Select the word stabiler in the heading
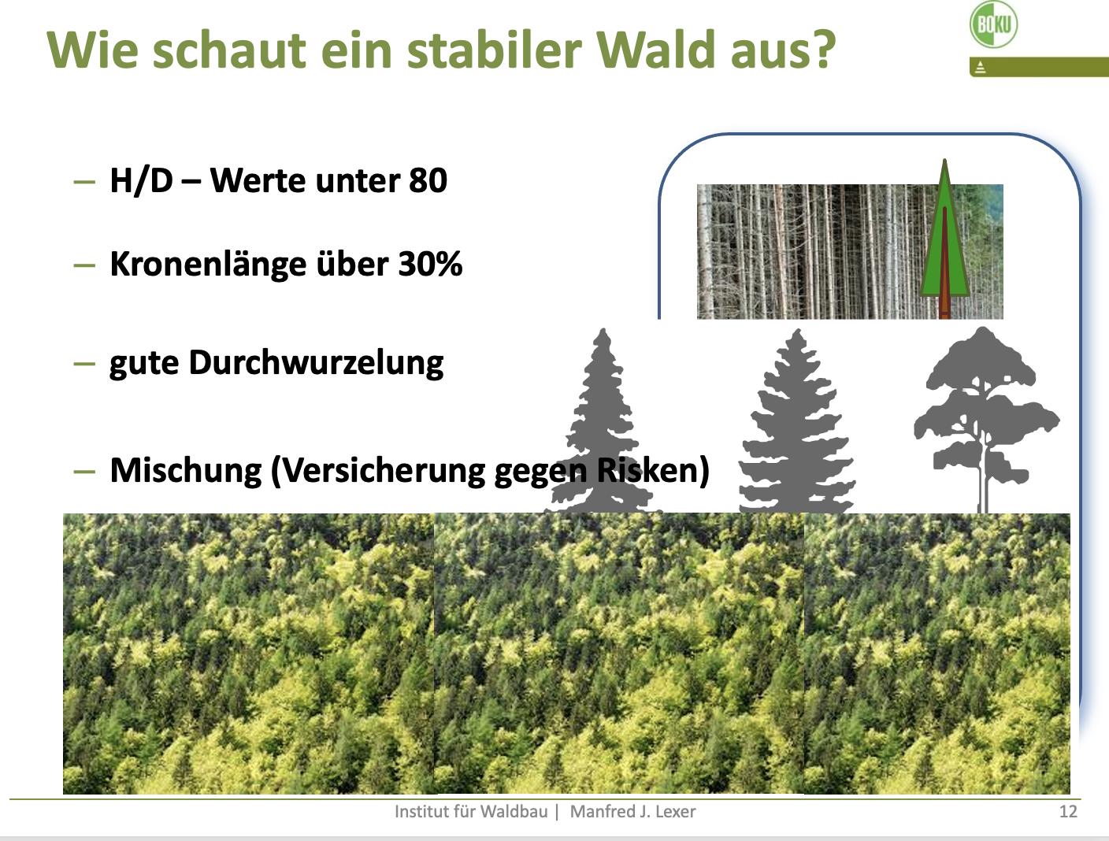pyautogui.click(x=494, y=50)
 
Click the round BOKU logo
pyautogui.click(x=993, y=24)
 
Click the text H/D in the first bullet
pyautogui.click(x=142, y=181)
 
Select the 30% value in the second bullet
pyautogui.click(x=430, y=264)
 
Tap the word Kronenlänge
pyautogui.click(x=208, y=264)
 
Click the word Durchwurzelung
pyautogui.click(x=317, y=363)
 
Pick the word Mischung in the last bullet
pyautogui.click(x=186, y=471)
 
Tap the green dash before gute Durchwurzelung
pyautogui.click(x=84, y=363)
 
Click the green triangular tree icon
pyautogui.click(x=944, y=237)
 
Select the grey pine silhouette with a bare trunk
pyautogui.click(x=985, y=419)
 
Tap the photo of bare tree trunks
pyautogui.click(x=850, y=251)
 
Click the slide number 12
pyautogui.click(x=1068, y=812)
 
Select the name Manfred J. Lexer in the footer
pyautogui.click(x=632, y=812)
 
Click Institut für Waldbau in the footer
pyautogui.click(x=471, y=812)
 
